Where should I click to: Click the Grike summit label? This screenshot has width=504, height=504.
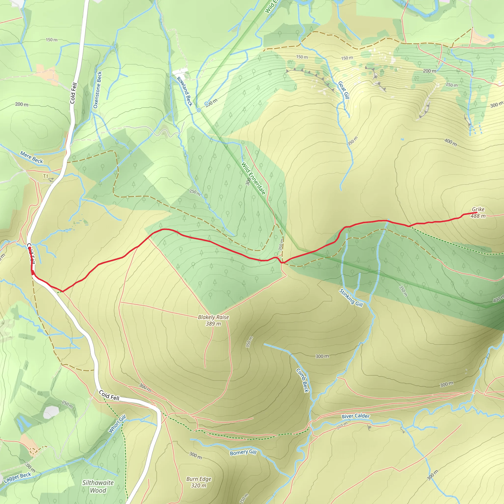pos(478,209)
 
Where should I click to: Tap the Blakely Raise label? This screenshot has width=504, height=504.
pos(213,317)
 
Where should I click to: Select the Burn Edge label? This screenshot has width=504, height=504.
pos(199,479)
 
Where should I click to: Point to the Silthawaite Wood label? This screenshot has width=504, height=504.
pos(98,487)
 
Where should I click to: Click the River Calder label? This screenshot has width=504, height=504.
pos(356,416)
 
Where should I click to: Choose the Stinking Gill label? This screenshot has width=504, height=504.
pos(351,298)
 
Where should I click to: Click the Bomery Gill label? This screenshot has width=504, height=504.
pos(243,452)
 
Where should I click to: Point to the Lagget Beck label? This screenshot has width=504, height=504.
pos(17,478)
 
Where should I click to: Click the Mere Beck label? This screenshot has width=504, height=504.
pos(31,157)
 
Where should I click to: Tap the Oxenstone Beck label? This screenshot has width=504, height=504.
pos(97,90)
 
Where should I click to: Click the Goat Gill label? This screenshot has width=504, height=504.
pos(344,90)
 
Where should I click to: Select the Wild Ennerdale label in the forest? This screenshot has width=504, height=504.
pos(253,178)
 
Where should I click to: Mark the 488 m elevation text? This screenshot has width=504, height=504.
pos(478,216)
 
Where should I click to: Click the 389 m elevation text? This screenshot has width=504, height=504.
pos(213,324)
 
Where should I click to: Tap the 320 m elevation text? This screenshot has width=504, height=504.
pos(199,486)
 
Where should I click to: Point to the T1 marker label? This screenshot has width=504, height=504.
pos(46,176)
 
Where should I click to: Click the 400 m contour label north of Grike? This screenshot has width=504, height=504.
pos(451,142)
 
